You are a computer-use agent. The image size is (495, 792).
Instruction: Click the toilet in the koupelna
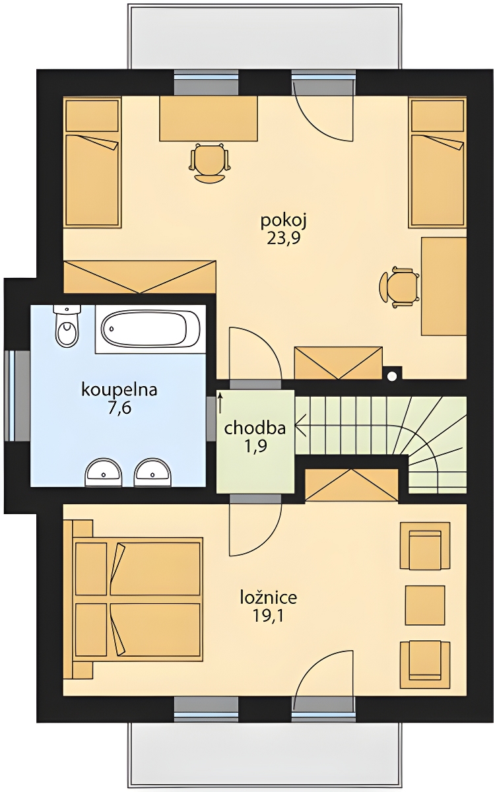(x=67, y=325)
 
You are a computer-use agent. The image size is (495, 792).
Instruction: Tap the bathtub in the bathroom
(x=150, y=329)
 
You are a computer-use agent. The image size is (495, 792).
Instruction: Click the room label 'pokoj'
(x=284, y=222)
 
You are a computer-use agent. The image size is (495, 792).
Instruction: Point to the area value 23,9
(x=284, y=240)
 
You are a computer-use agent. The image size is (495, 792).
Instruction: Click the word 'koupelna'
(x=119, y=390)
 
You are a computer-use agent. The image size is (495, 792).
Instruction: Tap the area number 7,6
(x=119, y=408)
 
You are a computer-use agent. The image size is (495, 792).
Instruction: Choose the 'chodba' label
(x=255, y=428)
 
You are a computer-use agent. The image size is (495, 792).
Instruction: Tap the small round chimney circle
(x=392, y=376)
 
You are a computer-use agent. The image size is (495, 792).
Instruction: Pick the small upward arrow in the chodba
(x=220, y=403)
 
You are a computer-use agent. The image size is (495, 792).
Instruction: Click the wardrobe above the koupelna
(x=140, y=277)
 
